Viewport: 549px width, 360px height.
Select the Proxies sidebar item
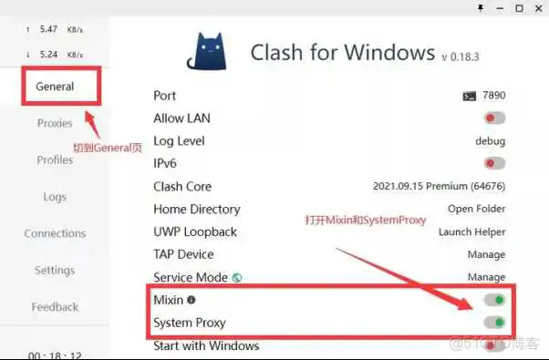[x=55, y=123]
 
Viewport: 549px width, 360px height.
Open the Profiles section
[x=55, y=159]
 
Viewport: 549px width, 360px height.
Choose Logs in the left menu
[x=55, y=197]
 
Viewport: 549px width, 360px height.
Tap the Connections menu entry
[x=55, y=233]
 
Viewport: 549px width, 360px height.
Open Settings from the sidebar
[x=55, y=270]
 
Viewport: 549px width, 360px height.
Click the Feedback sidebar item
[x=55, y=307]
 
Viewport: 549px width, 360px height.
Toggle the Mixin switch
[x=494, y=300]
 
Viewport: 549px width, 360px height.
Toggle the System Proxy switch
[x=494, y=322]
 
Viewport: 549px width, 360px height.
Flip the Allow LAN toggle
[x=494, y=118]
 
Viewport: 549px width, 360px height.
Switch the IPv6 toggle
[x=494, y=163]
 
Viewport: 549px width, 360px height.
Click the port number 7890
[x=493, y=96]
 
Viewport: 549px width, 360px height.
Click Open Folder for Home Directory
[x=478, y=209]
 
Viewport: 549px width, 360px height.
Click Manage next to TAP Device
[x=486, y=254]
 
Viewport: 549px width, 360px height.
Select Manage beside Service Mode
[x=486, y=276]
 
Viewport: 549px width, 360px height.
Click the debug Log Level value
[x=490, y=141]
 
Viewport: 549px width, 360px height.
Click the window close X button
[x=538, y=8]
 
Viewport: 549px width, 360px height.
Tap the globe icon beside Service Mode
[x=237, y=277]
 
